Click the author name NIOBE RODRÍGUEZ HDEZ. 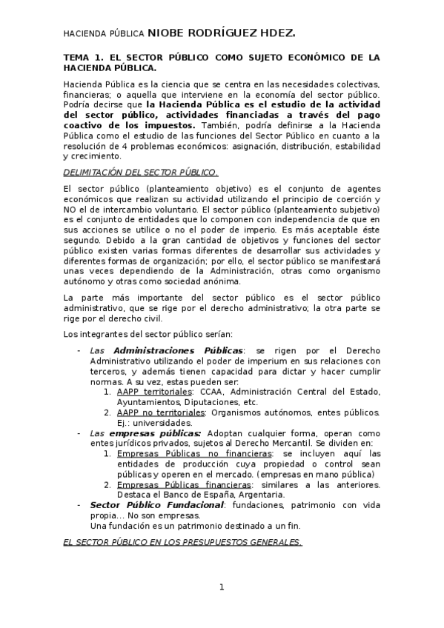[222, 33]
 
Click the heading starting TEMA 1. [222, 62]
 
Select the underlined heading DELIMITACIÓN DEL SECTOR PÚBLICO [141, 173]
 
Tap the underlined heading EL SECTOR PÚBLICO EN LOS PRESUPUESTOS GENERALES [182, 541]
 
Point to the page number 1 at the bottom [222, 587]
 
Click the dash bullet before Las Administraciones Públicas [79, 350]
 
